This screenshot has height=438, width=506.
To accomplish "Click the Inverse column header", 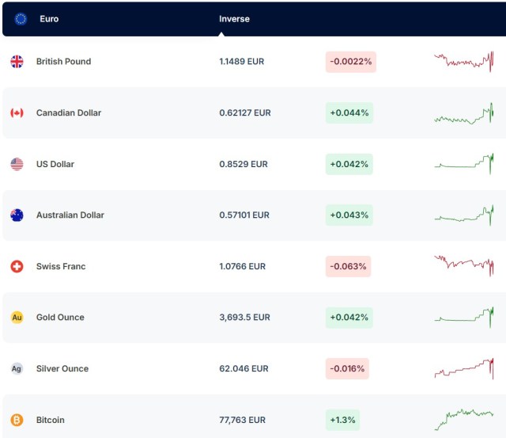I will (234, 19).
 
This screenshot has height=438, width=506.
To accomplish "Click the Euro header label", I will (49, 19).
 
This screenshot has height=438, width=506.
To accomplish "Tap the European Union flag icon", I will (21, 19).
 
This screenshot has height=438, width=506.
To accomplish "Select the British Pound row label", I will (63, 62).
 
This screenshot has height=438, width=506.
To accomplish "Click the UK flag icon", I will (17, 62).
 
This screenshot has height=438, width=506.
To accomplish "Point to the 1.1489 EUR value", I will (244, 62).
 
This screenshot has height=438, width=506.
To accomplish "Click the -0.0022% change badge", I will (350, 62).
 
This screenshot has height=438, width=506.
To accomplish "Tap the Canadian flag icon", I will (17, 113).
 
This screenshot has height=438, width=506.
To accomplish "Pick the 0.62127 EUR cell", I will (245, 113).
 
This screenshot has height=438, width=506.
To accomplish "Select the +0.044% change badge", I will (349, 113).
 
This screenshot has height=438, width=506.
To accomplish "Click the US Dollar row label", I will (55, 164).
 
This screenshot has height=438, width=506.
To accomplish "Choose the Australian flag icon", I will (17, 215).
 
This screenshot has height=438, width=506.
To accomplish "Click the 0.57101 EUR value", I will (244, 215).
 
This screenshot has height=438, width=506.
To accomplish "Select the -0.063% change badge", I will (348, 266).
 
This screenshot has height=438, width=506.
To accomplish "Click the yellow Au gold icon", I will (17, 318).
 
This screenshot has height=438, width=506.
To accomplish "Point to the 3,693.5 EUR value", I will (244, 318).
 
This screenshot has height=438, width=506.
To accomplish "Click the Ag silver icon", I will (17, 368).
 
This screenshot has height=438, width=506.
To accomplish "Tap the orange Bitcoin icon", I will (17, 420).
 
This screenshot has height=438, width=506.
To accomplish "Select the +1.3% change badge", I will (342, 420).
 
